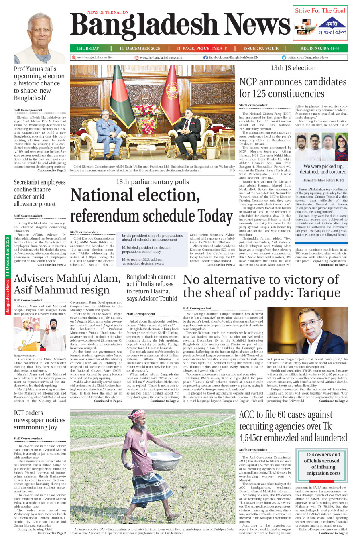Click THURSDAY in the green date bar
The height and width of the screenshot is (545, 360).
(87, 49)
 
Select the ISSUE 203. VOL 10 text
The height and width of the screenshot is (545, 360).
(261, 49)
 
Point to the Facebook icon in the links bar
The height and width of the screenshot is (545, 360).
(205, 58)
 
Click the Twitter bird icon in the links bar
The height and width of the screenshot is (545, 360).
(284, 58)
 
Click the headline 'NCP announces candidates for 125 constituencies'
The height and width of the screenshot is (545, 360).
(293, 88)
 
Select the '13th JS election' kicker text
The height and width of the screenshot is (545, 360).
(293, 68)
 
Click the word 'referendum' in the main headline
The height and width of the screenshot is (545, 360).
(111, 216)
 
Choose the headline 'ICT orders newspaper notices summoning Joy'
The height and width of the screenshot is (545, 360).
(39, 420)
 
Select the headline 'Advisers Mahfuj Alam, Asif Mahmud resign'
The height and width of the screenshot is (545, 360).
(67, 284)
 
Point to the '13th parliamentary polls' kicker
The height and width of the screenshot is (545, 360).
(152, 182)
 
